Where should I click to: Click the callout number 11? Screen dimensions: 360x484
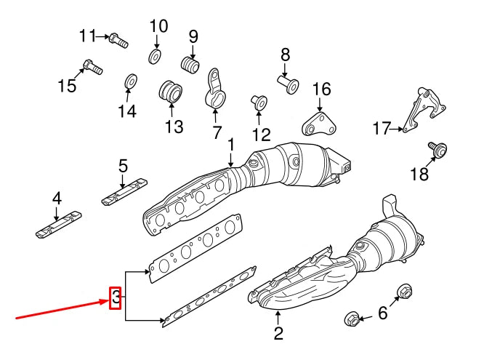[x=87, y=35]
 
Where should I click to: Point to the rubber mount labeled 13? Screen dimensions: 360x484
[x=171, y=92]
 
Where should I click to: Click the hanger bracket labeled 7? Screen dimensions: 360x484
[x=216, y=89]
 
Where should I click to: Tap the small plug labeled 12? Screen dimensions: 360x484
[x=258, y=101]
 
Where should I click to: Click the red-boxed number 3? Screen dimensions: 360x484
[x=115, y=297]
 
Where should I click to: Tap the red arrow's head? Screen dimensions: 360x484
[x=105, y=300]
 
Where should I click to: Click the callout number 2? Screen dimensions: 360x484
[x=278, y=335]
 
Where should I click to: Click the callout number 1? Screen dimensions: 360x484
[x=231, y=145]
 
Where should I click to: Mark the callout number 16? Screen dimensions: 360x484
[x=321, y=89]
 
